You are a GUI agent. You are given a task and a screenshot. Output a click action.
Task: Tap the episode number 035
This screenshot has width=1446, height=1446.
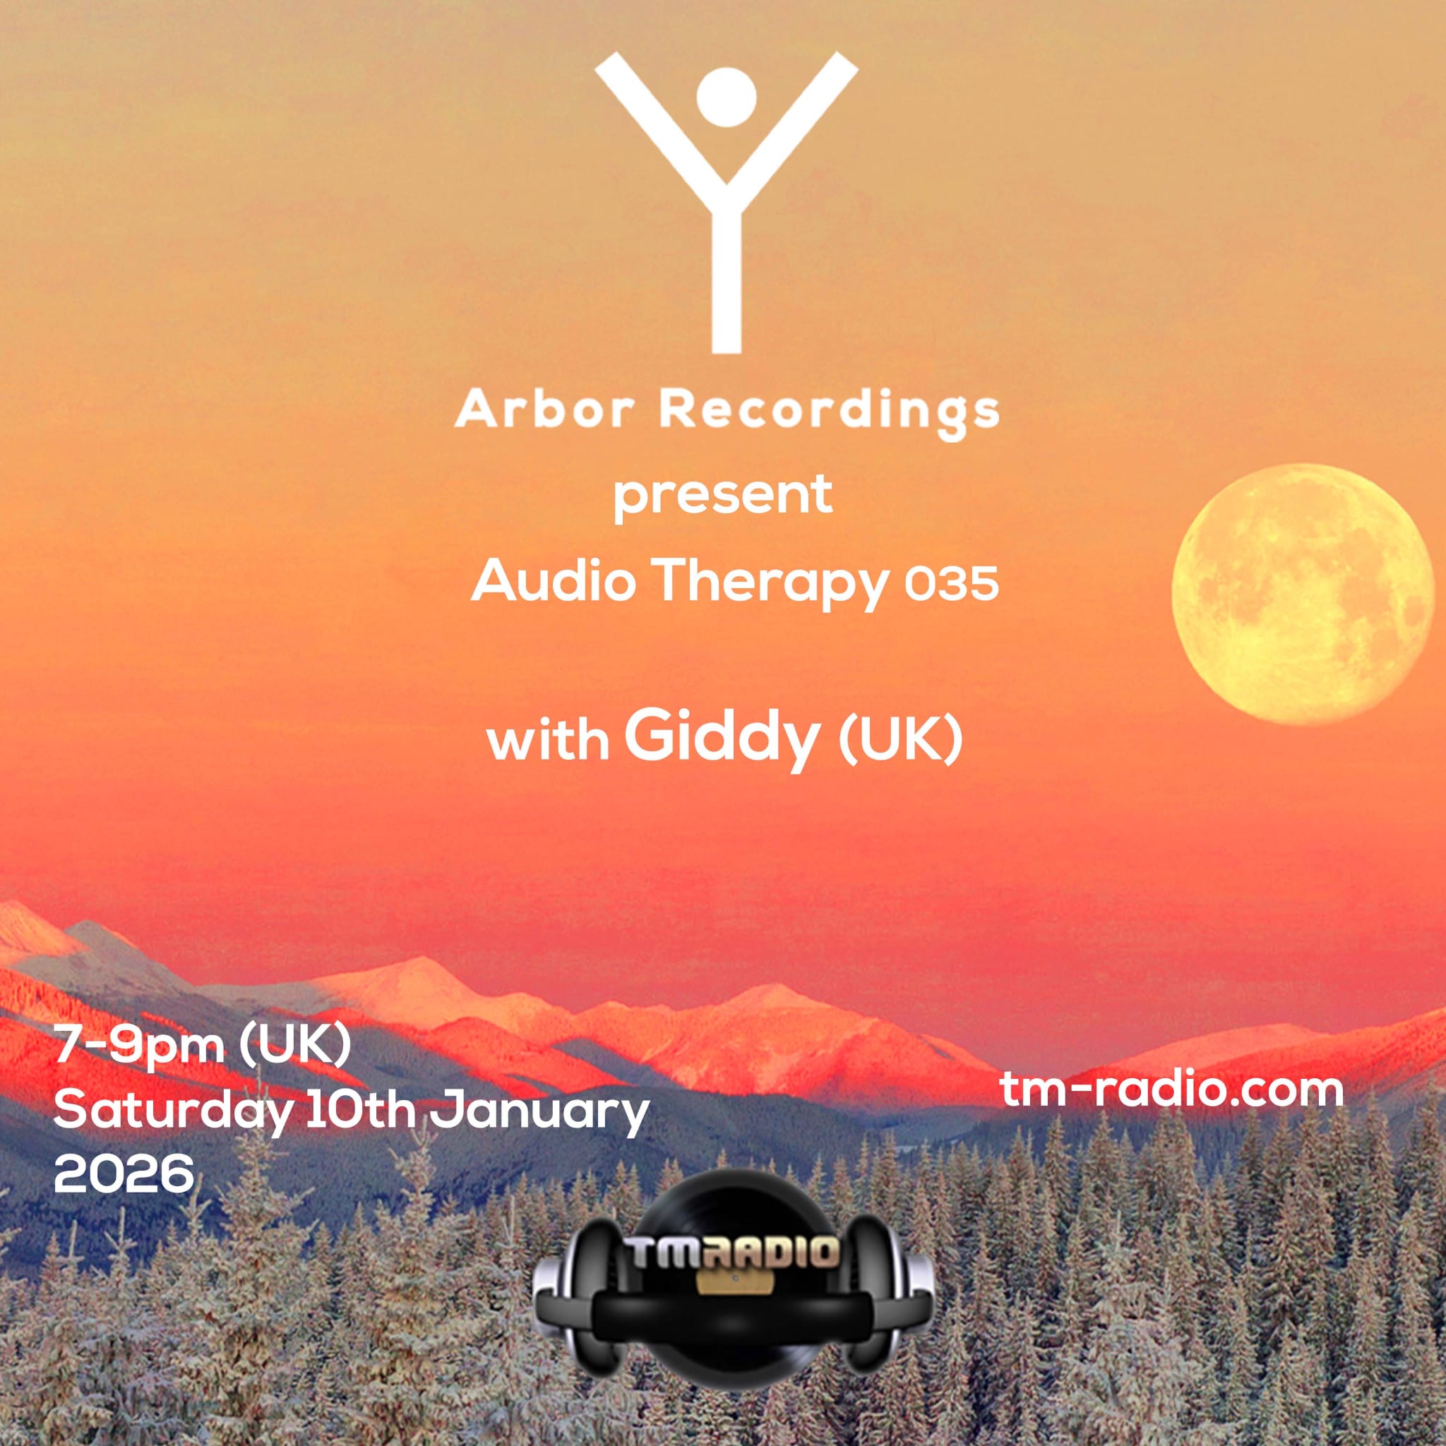tap(951, 584)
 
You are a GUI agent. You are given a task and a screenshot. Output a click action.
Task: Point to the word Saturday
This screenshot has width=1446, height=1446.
tap(172, 1113)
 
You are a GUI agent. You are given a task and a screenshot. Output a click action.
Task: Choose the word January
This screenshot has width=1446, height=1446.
tap(539, 1113)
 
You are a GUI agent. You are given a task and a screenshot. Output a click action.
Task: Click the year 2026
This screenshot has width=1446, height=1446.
tap(124, 1173)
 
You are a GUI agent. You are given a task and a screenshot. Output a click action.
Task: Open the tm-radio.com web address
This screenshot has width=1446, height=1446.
tap(1172, 1089)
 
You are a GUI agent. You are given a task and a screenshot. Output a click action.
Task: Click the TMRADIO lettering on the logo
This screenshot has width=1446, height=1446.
tap(734, 1252)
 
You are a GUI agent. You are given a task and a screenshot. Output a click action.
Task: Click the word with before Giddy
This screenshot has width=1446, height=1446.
tap(548, 742)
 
